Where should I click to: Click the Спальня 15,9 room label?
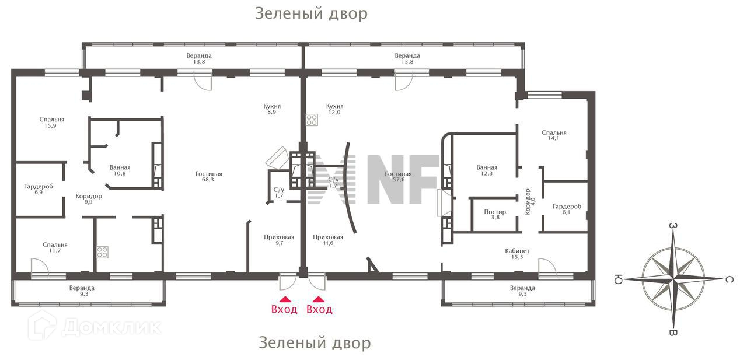[x=52, y=123]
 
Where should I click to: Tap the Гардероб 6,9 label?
[x=39, y=189]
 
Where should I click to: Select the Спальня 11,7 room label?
[x=55, y=248]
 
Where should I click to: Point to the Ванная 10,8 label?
[x=120, y=170]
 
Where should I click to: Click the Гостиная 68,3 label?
[x=208, y=177]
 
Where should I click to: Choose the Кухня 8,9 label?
[x=272, y=110]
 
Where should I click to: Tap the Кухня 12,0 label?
[x=334, y=110]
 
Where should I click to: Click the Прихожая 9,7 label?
[x=279, y=240]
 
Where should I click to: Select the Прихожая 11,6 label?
[x=328, y=240]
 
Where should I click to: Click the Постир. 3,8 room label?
[x=495, y=215]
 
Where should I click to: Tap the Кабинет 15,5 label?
[x=518, y=254]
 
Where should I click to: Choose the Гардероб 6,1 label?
[x=567, y=209]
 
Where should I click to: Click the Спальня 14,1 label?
[x=554, y=135]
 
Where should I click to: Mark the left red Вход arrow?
[x=284, y=299]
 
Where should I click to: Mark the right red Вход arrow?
[x=319, y=299]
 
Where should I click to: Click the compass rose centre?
[x=674, y=279]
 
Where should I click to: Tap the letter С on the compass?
[x=729, y=280]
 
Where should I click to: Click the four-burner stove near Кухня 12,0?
[x=312, y=120]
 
